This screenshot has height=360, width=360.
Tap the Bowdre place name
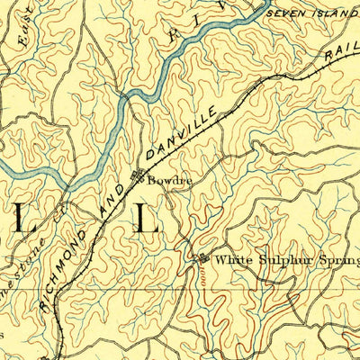coord(170,179)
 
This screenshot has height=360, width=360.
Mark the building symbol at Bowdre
coord(139,176)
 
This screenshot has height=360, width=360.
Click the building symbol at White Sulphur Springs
coord(200,258)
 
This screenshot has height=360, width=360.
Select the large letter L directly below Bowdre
coord(146,218)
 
